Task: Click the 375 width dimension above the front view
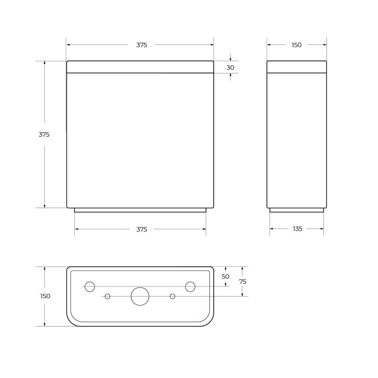[141, 45]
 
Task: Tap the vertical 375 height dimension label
[44, 134]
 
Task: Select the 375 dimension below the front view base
[141, 229]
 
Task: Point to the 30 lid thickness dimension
[230, 68]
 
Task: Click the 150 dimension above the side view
[296, 45]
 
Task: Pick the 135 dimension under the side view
[298, 229]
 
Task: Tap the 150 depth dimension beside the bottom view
[45, 296]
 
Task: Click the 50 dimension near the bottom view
[226, 276]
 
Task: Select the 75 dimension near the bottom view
[243, 282]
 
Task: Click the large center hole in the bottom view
[140, 296]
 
